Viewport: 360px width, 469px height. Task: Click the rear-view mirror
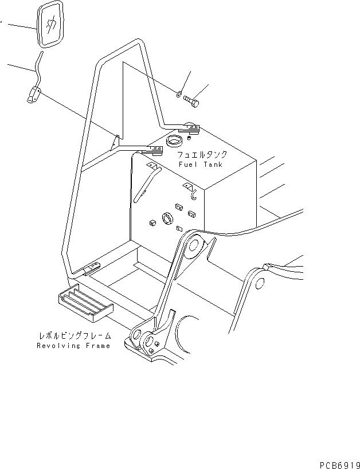[x=50, y=26]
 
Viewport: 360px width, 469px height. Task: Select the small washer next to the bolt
[x=180, y=94]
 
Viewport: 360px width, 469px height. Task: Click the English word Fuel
[x=188, y=165]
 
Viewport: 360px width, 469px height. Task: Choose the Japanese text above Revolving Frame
[x=75, y=336]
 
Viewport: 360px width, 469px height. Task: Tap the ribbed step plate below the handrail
[x=84, y=303]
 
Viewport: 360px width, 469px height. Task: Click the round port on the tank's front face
[x=169, y=218]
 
